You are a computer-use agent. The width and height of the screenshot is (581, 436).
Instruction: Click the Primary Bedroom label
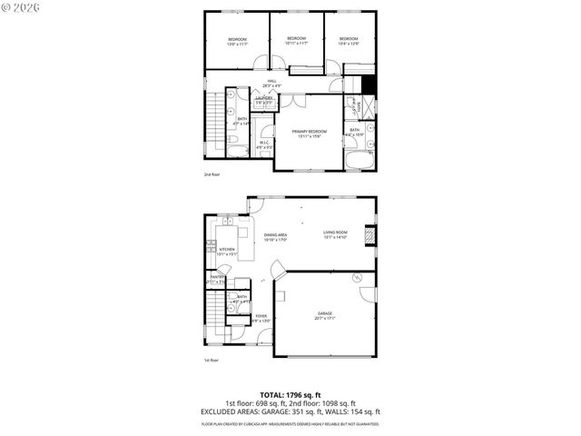[309, 132]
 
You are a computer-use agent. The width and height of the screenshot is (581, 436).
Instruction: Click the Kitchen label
[227, 250]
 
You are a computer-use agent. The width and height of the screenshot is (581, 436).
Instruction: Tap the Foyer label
[261, 316]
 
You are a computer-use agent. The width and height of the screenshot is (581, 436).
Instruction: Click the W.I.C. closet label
[263, 143]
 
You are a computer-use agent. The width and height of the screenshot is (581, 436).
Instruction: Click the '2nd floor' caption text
[212, 173]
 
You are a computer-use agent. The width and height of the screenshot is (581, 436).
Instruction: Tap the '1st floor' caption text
[211, 360]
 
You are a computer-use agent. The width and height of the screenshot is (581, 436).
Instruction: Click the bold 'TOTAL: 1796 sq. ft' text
[290, 395]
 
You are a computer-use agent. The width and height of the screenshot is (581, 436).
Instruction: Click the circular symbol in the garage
[357, 275]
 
